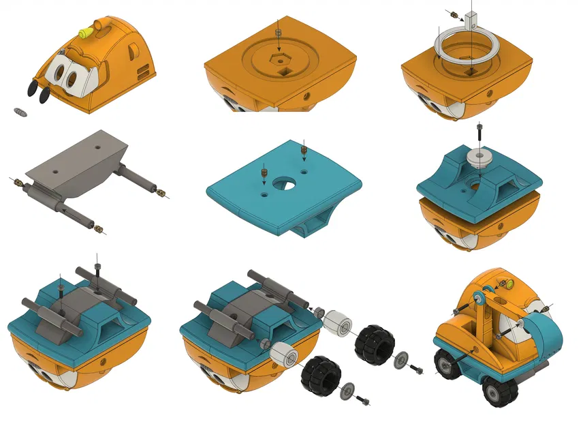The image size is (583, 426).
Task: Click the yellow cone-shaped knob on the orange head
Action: point(85,31)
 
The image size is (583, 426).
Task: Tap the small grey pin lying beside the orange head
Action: point(20,110)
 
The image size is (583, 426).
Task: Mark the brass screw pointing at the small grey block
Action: point(451,12)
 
